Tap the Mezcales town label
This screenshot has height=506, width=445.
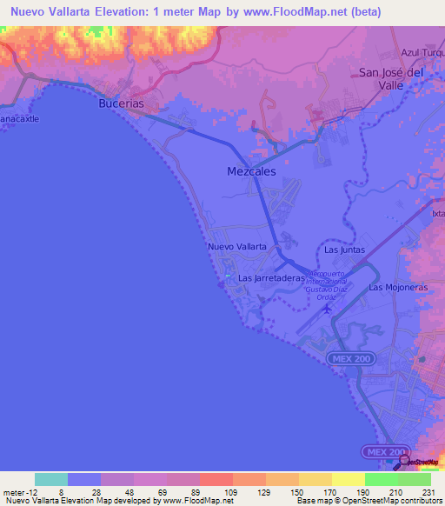tap(251, 171)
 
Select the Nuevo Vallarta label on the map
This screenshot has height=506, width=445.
tap(236, 247)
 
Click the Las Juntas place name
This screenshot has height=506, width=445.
tap(344, 250)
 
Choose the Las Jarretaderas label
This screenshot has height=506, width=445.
tap(272, 278)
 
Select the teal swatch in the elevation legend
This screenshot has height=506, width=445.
tap(51, 479)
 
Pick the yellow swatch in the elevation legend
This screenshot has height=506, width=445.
tap(348, 479)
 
